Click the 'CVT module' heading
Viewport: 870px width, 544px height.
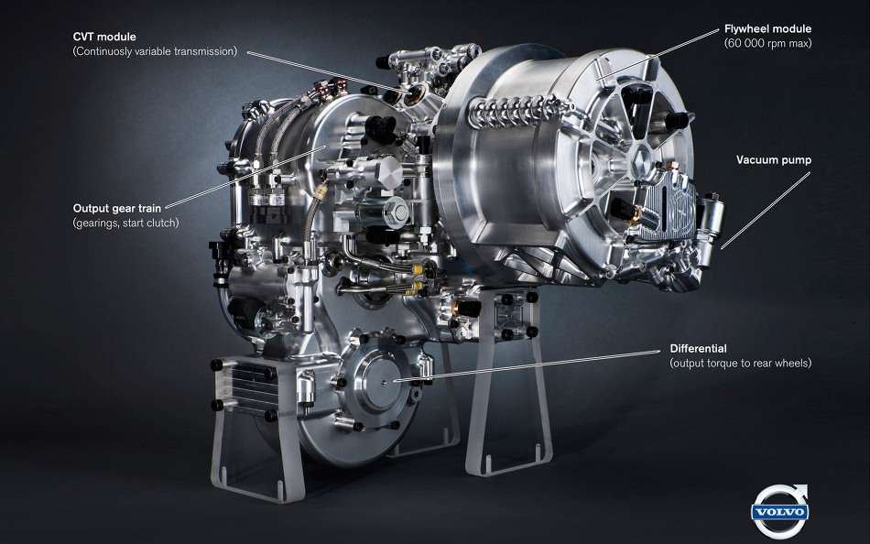[104, 37]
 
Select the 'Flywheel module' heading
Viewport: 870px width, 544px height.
[767, 29]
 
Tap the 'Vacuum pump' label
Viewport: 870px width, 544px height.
[774, 160]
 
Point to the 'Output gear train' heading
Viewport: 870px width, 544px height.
[117, 209]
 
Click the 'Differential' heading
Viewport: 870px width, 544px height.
[698, 349]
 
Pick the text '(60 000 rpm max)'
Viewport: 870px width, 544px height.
[768, 43]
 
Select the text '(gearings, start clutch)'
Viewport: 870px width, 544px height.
[126, 223]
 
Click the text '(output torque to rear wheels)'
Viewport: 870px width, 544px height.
[740, 363]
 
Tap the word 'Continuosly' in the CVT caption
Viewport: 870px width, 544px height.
[102, 51]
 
